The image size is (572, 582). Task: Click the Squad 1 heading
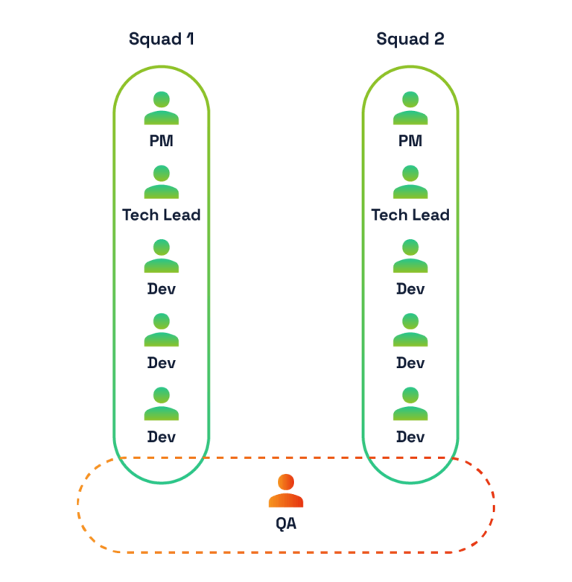click(x=161, y=39)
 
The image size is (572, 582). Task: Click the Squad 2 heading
click(x=410, y=39)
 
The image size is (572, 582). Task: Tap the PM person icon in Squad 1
click(x=162, y=108)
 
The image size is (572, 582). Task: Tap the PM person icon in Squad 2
click(x=410, y=108)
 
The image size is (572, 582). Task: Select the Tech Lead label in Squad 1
click(x=162, y=215)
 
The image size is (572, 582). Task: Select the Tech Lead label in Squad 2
click(x=410, y=215)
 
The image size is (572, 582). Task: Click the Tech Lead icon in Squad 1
click(x=162, y=182)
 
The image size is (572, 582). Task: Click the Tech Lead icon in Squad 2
click(x=410, y=182)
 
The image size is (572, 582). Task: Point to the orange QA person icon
click(x=286, y=491)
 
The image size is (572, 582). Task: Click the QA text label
click(x=286, y=524)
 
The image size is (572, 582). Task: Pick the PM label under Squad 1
click(x=162, y=141)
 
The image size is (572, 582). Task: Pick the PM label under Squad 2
click(x=410, y=141)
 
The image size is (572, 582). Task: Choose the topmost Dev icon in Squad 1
click(x=162, y=256)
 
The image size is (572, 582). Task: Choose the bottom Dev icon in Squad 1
click(x=162, y=404)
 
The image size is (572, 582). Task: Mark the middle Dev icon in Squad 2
click(x=410, y=330)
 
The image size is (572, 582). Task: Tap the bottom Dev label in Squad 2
click(x=410, y=437)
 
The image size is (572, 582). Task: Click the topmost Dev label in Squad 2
click(x=410, y=288)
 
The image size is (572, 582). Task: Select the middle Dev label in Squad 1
click(x=162, y=363)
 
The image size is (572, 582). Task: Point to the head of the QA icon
click(x=286, y=481)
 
